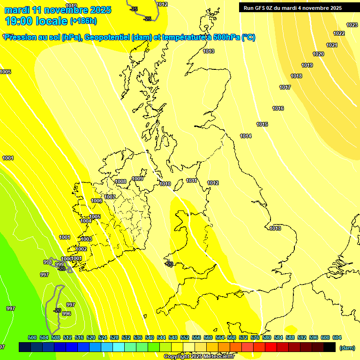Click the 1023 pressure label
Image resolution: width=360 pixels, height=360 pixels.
[352, 25]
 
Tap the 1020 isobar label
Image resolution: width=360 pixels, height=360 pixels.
[318, 54]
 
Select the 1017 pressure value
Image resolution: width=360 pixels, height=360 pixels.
[285, 87]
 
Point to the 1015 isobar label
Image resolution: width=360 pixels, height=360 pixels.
[262, 124]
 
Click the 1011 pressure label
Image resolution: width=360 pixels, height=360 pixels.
[191, 180]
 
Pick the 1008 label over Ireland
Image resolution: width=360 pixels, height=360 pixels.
[120, 181]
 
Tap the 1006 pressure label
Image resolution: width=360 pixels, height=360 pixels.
[97, 201]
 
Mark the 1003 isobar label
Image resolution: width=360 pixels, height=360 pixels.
[86, 239]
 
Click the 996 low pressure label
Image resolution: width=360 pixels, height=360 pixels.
[67, 314]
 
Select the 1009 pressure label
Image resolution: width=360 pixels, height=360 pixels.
[137, 179]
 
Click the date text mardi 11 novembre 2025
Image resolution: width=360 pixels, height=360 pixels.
[58, 10]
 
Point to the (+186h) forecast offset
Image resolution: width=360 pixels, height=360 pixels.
[83, 21]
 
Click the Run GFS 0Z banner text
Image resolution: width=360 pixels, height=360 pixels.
[292, 8]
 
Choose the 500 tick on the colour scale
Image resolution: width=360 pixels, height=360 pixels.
[32, 337]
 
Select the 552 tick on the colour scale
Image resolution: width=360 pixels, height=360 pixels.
[184, 337]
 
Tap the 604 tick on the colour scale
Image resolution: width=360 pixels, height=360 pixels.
[337, 337]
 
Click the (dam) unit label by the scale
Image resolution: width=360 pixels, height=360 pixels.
[347, 347]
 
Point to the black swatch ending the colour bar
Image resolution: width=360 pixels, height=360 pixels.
[330, 347]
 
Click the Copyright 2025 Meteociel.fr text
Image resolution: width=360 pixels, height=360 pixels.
[199, 356]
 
